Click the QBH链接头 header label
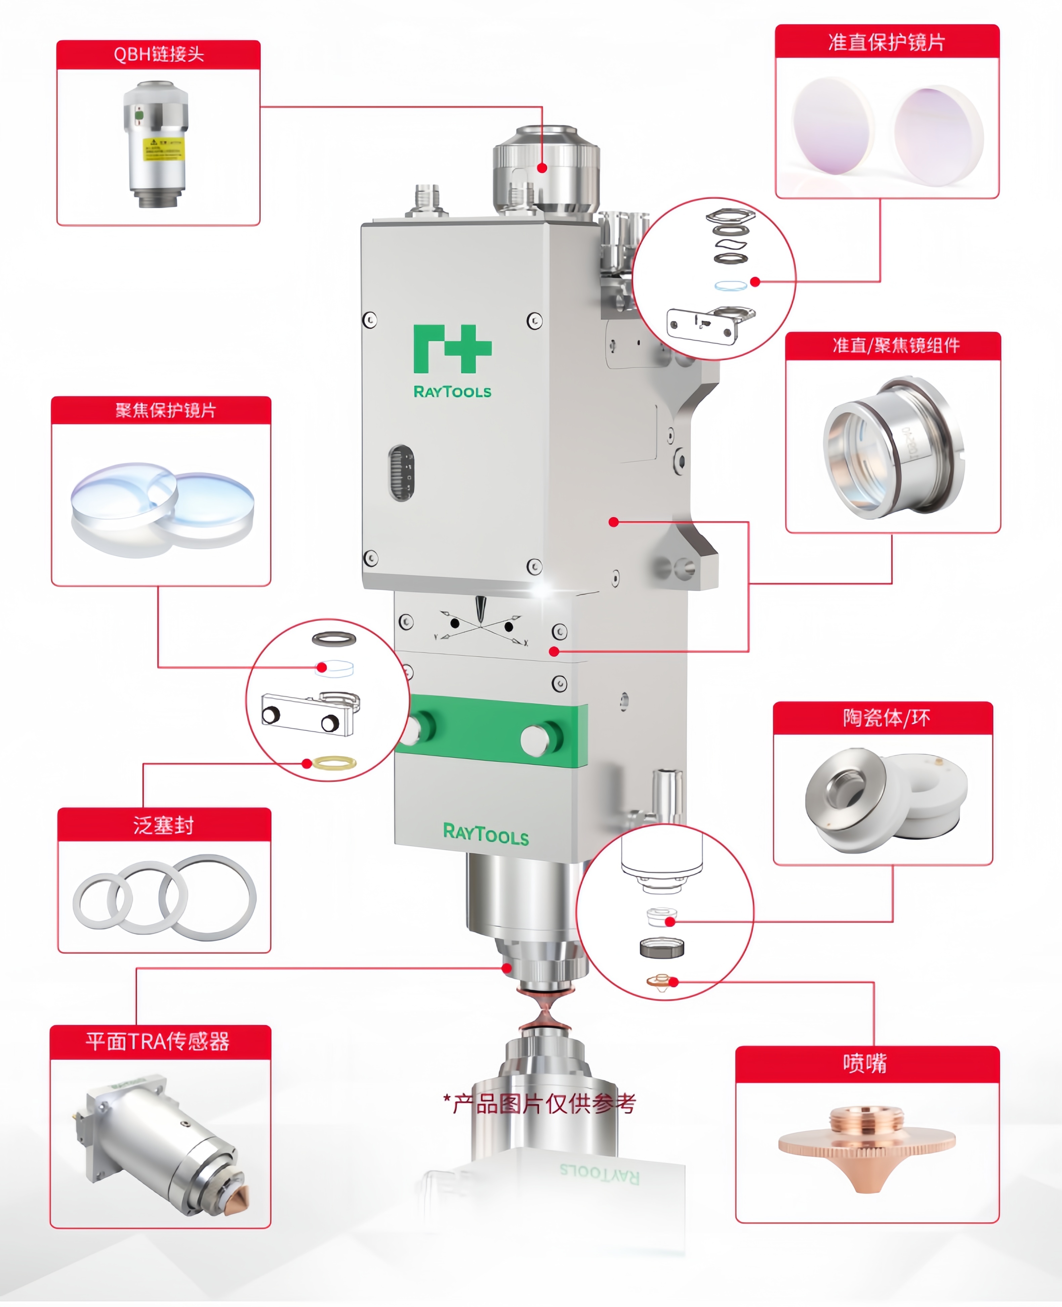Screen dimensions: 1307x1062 coord(158,54)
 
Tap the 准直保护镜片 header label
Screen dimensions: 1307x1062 coord(887,42)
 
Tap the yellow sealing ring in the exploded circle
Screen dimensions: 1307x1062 coord(334,763)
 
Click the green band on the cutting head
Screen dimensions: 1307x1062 coord(489,730)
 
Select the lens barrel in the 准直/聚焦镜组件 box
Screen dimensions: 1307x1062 coord(893,448)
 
